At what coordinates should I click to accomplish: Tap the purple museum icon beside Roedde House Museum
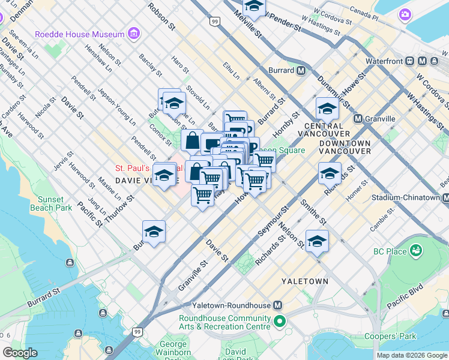pos(133,32)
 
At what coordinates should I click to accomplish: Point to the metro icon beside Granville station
pos(358,119)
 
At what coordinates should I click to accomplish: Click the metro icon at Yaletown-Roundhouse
pos(277,305)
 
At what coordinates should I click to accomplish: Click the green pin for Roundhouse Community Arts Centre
pos(279,323)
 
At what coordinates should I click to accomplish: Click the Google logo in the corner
pos(20,353)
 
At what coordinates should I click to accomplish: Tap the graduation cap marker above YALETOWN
pos(317,241)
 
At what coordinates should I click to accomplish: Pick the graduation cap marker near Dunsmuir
pos(327,109)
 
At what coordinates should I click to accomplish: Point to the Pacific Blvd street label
pos(407,299)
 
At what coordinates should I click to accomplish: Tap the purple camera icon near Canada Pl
pos(406,13)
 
